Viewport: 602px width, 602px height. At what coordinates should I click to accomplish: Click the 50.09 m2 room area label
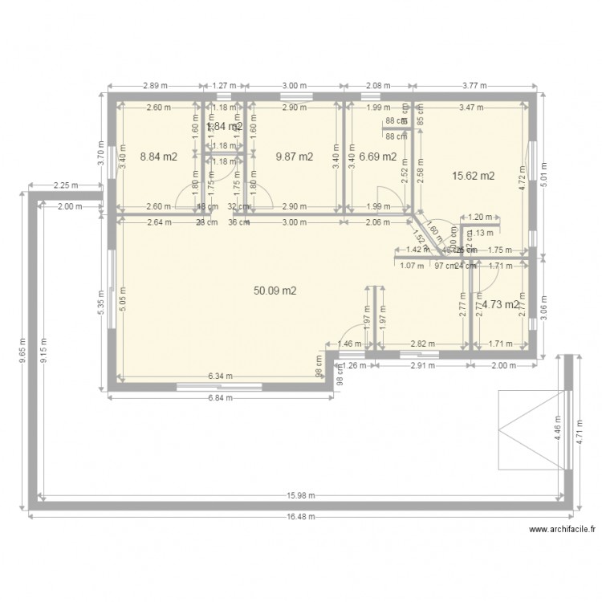[275, 291]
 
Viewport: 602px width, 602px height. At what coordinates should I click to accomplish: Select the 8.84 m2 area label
[158, 157]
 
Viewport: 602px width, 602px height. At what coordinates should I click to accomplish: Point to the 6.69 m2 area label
[377, 157]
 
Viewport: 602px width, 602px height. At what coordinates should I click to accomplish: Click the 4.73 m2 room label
[500, 304]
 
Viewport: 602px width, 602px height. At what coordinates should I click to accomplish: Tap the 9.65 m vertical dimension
[22, 351]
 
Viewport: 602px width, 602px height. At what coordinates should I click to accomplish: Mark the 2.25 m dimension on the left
[66, 186]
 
